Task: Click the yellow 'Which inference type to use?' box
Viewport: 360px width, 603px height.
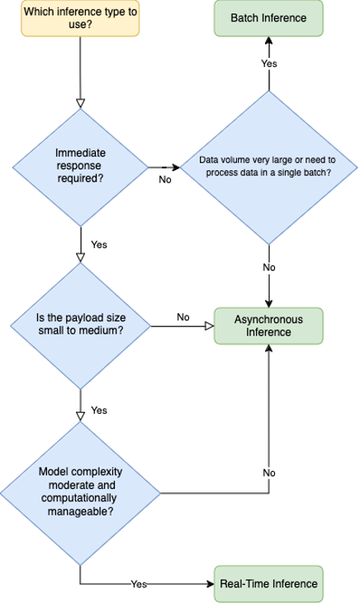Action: (80, 18)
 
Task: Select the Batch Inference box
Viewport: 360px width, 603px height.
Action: (268, 18)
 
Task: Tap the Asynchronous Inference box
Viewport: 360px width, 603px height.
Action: (268, 325)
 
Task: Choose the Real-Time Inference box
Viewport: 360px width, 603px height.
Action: (268, 584)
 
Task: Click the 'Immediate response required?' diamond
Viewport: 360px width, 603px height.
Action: (80, 168)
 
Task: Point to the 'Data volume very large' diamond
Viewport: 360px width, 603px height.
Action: (269, 168)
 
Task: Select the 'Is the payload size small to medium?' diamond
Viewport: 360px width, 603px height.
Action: (80, 326)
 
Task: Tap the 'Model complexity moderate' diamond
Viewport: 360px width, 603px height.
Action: (80, 493)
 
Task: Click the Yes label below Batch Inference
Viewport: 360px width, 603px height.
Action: (269, 64)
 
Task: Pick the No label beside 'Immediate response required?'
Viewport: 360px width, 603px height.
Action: (165, 179)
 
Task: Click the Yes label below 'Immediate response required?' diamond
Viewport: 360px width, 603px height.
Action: (99, 245)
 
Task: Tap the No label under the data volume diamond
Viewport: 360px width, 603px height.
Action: (269, 268)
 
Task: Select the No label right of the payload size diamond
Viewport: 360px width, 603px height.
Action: (183, 317)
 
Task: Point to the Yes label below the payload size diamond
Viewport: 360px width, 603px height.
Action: (99, 411)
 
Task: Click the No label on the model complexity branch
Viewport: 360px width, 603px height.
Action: (269, 472)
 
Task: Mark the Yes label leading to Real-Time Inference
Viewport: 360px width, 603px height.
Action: (139, 584)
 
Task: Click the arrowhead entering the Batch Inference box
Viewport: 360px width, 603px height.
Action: (269, 40)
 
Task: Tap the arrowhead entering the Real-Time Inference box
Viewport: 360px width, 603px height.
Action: (211, 584)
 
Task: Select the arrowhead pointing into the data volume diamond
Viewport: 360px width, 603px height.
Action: (176, 168)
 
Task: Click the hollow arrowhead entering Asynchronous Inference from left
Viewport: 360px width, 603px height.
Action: (210, 326)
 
